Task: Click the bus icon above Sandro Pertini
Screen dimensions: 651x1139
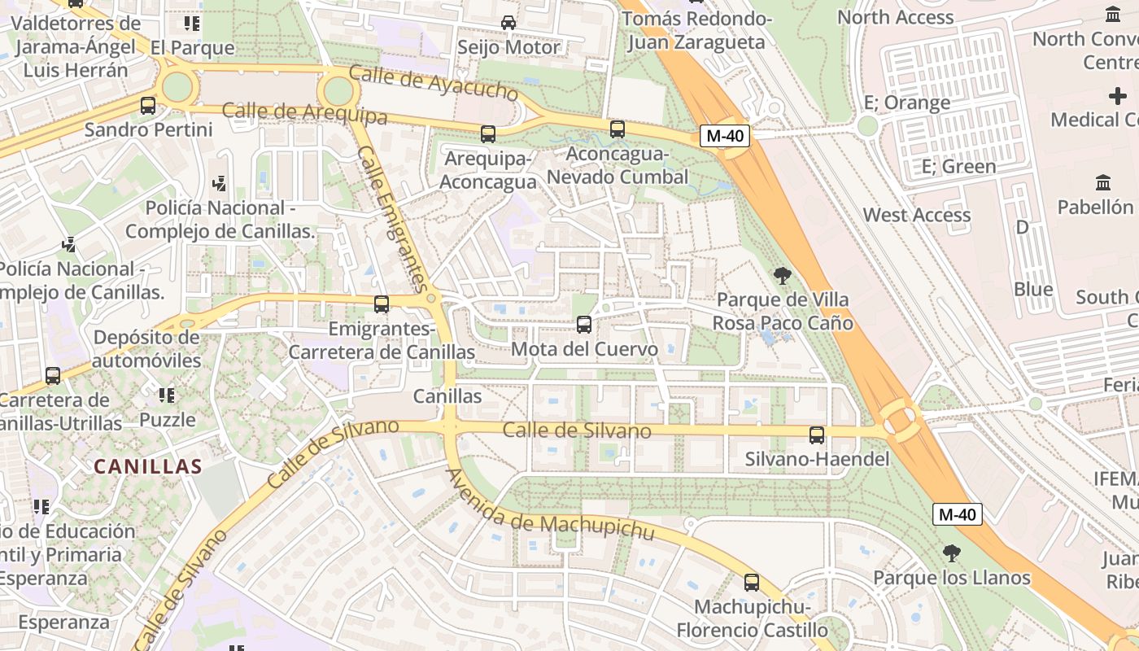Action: click(147, 105)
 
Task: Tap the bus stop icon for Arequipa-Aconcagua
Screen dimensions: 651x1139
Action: click(487, 134)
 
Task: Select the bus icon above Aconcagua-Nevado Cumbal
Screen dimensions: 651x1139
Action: click(618, 129)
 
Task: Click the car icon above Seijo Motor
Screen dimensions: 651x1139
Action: click(508, 23)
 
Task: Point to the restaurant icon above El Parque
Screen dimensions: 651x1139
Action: click(191, 23)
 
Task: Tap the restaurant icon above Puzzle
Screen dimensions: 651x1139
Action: click(167, 395)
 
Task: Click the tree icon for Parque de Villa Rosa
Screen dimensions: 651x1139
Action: click(783, 276)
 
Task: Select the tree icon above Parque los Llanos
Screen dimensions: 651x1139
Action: click(951, 554)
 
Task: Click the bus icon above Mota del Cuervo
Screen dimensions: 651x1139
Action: click(584, 325)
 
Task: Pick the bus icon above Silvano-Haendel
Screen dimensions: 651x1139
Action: click(817, 435)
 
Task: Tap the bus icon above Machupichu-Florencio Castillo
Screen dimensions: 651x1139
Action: click(752, 583)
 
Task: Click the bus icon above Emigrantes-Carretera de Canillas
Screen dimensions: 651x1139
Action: click(381, 304)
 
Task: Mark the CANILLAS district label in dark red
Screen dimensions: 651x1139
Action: click(147, 466)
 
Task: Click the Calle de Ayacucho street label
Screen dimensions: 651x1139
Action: click(433, 84)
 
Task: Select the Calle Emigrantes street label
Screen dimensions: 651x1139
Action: click(392, 218)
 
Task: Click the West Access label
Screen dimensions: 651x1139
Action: click(916, 215)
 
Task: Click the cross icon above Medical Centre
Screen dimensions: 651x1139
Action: click(1118, 96)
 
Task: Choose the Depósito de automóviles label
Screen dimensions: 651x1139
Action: click(146, 349)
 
